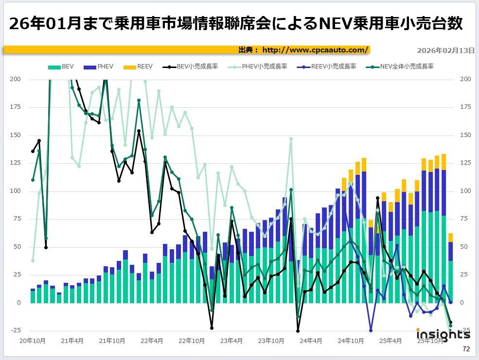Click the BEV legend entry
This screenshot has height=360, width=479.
coord(62,66)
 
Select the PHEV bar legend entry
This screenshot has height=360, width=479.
coord(99,66)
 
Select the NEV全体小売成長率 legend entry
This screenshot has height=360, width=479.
coord(399,66)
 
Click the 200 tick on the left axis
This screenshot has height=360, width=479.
coord(16,79)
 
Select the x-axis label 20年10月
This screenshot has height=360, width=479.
coord(33,341)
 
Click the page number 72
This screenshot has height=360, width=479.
coord(466,349)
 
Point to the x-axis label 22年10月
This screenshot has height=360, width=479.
coord(192,341)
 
